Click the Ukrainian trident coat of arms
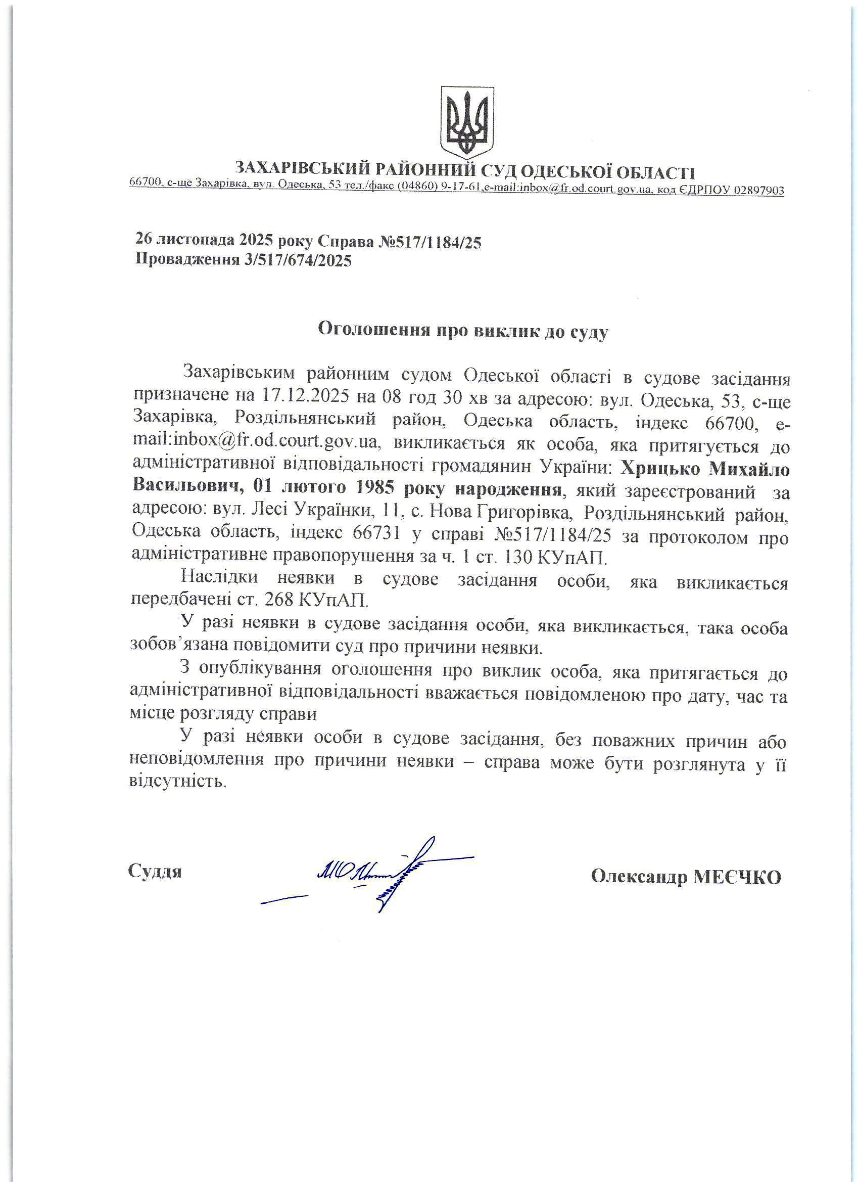[467, 122]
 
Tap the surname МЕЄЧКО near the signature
[737, 878]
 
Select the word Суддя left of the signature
[155, 872]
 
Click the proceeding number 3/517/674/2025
[297, 260]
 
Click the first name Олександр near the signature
[638, 878]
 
